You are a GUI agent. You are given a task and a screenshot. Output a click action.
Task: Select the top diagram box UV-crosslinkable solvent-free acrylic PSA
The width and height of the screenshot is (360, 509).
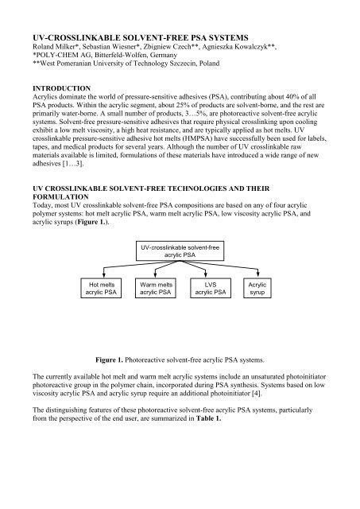tap(179, 254)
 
